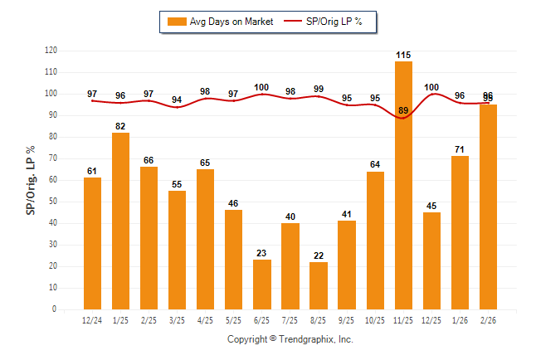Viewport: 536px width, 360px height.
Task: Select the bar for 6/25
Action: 262,285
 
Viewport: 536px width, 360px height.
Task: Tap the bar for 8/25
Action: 319,285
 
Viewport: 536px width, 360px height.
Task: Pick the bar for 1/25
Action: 120,221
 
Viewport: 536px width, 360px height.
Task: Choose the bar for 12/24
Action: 92,243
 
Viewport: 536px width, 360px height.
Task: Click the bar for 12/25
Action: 432,260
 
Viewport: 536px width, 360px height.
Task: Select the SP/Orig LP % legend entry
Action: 326,22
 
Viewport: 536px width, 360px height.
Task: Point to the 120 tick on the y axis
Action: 51,51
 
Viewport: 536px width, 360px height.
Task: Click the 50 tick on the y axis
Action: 53,202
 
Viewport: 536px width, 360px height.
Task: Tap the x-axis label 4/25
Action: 206,320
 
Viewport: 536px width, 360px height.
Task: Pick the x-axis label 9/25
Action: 347,320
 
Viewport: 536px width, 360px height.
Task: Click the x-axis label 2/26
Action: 489,320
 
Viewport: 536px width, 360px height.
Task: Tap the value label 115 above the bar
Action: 404,55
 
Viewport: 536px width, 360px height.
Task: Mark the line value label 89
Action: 404,110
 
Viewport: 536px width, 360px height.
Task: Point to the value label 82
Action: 120,126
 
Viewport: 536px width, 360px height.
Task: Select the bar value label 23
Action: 262,253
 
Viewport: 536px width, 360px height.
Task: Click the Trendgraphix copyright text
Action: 290,339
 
